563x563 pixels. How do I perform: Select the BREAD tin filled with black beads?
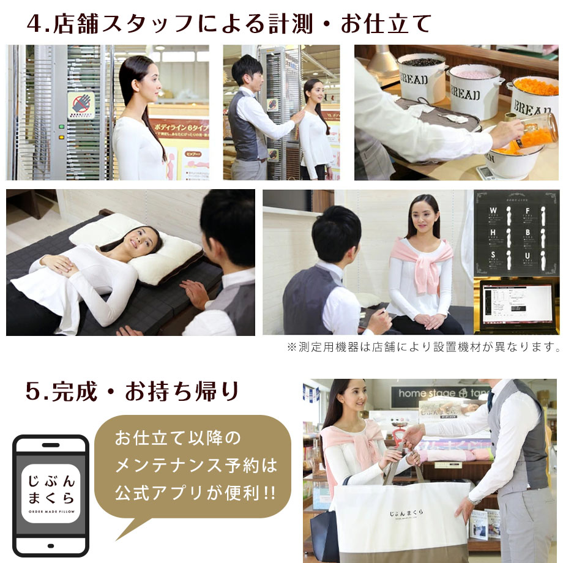[422, 76]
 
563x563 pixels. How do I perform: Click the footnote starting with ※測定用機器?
[423, 348]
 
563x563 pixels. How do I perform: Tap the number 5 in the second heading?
[34, 392]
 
